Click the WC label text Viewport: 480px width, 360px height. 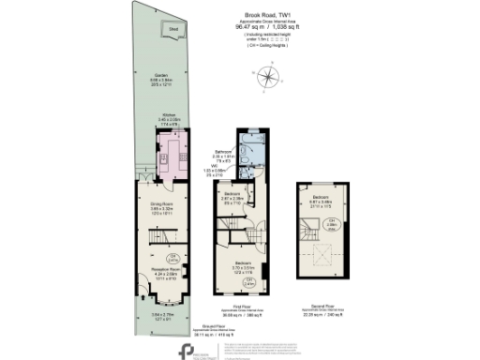click(217, 165)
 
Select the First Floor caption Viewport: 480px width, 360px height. click(241, 305)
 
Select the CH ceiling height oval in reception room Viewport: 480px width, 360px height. click(172, 257)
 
